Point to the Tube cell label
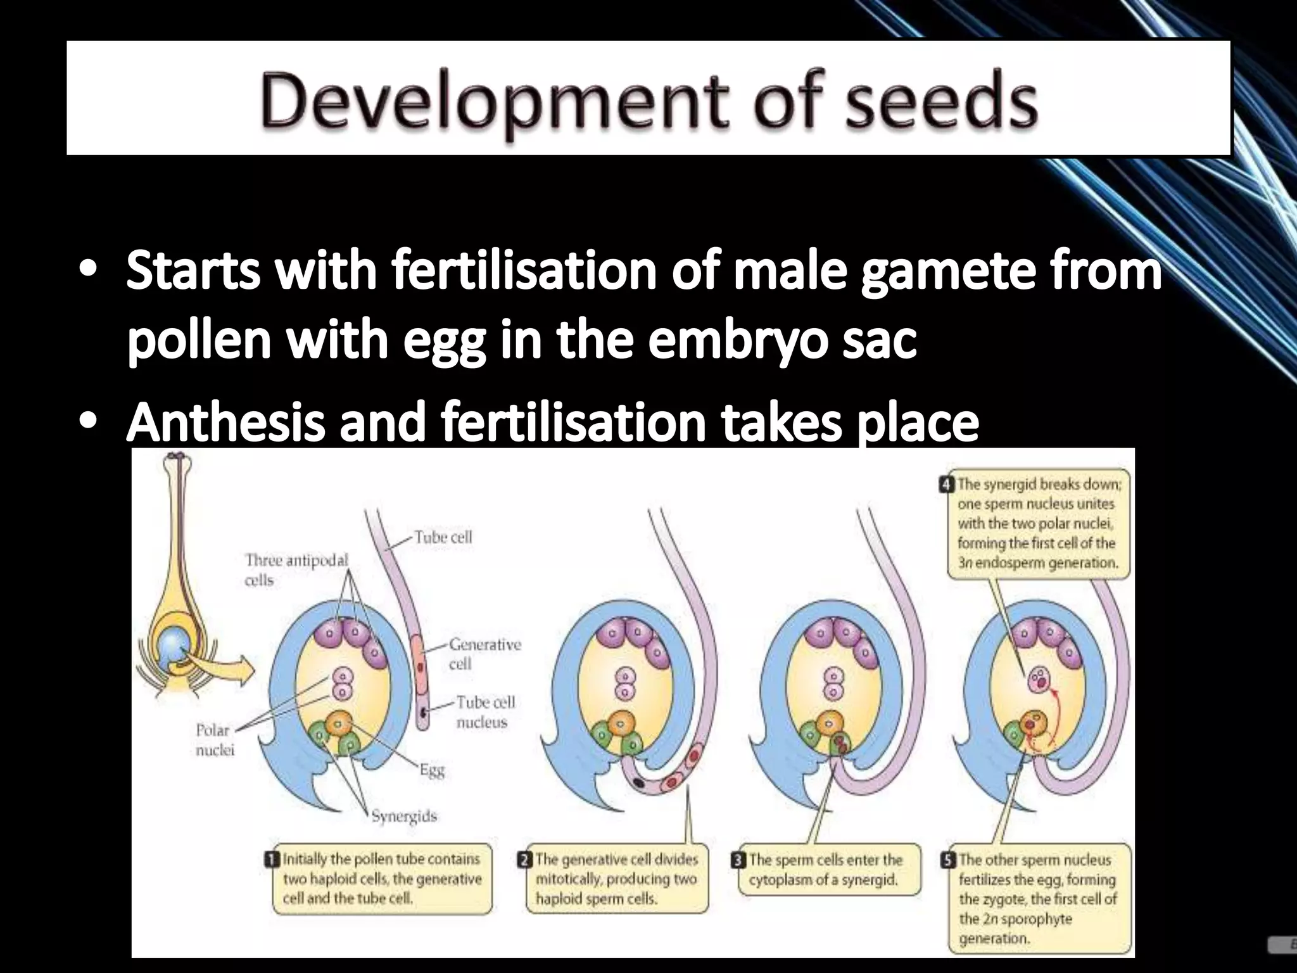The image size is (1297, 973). [x=443, y=537]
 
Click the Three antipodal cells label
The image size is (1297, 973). [x=296, y=569]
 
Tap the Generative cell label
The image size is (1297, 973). [x=484, y=654]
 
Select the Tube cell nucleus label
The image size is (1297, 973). [x=486, y=712]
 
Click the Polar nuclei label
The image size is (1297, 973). [x=214, y=740]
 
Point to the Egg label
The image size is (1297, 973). [x=432, y=770]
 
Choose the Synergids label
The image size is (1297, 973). [x=403, y=816]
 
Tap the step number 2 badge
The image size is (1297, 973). [x=526, y=860]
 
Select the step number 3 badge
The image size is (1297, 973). [x=739, y=860]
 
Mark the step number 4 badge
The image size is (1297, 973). [x=947, y=485]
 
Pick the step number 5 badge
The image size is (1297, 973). [x=949, y=860]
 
